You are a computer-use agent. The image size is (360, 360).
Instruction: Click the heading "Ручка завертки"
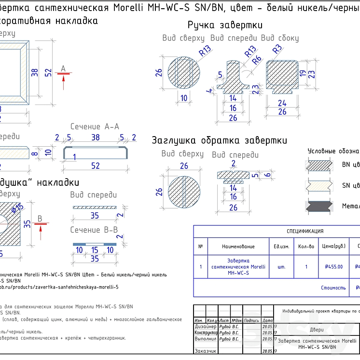[x=225, y=25]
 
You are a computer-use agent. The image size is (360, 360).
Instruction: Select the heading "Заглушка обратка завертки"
[x=220, y=140]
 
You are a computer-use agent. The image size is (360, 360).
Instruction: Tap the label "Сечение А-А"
[x=95, y=126]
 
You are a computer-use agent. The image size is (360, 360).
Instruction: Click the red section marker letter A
[x=63, y=69]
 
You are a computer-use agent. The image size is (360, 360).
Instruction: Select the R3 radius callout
[x=277, y=49]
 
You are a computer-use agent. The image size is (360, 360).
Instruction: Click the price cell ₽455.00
[x=333, y=266]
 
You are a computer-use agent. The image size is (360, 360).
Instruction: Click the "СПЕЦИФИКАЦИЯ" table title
[x=305, y=231]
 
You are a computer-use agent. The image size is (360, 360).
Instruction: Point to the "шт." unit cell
[x=282, y=266]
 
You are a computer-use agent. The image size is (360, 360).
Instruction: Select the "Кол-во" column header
[x=306, y=246]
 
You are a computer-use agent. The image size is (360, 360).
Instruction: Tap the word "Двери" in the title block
[x=317, y=331]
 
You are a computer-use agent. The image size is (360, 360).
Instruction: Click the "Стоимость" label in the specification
[x=333, y=288]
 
